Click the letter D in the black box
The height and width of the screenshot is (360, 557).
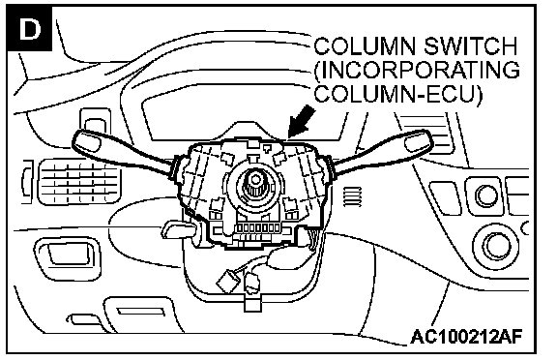(x=30, y=29)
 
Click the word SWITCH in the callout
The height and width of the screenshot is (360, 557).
(x=470, y=46)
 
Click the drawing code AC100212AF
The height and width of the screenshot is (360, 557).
(x=466, y=336)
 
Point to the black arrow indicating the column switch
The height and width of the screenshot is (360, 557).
(x=301, y=122)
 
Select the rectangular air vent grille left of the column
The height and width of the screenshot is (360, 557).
(x=79, y=181)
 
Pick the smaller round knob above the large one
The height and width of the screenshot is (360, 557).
(x=486, y=195)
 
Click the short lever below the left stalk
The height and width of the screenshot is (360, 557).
(x=179, y=229)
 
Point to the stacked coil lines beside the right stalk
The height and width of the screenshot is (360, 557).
(x=352, y=196)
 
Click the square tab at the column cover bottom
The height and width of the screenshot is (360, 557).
(x=251, y=303)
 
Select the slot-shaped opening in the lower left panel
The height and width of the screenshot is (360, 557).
(x=141, y=312)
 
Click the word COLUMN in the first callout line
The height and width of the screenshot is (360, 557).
(x=366, y=46)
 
